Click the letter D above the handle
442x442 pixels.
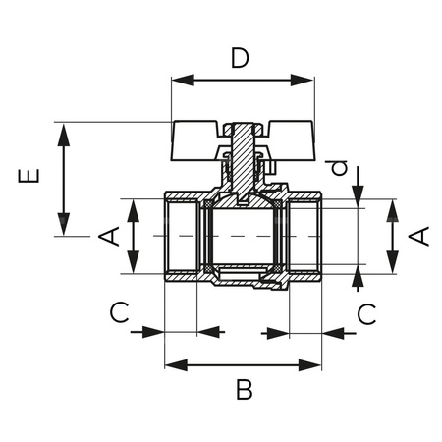[240, 58]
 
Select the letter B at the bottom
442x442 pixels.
[245, 389]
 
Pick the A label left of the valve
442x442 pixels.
[111, 236]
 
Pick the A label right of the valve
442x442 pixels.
[418, 236]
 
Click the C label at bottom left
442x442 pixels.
[119, 313]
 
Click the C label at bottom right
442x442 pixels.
[365, 313]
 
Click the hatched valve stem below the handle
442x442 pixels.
[240, 157]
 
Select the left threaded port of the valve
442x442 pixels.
[182, 237]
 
